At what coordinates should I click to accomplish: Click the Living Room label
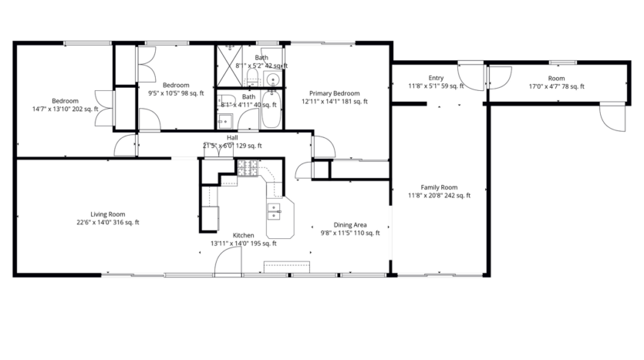[x=107, y=214]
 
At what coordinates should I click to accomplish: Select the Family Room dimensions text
[x=439, y=196]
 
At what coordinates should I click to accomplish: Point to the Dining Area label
[x=349, y=224]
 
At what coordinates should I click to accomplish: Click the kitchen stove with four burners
[x=248, y=167]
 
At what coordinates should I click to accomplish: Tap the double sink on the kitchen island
[x=274, y=210]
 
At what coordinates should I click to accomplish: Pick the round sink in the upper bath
[x=273, y=79]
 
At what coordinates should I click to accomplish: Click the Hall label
[x=232, y=137]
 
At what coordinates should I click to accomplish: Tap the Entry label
[x=437, y=78]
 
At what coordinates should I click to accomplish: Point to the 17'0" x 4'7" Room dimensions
[x=556, y=86]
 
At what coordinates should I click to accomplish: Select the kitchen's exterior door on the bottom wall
[x=228, y=263]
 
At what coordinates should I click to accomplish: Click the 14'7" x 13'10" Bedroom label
[x=65, y=101]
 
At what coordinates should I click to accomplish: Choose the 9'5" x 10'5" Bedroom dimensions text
[x=176, y=93]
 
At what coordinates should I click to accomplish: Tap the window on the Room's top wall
[x=562, y=62]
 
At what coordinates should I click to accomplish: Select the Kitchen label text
[x=243, y=235]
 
